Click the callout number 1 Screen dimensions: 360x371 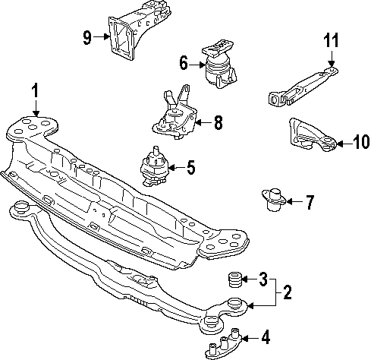coord(34,93)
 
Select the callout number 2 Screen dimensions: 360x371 coord(288,292)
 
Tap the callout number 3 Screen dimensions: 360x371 coord(262,279)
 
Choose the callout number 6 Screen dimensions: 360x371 coord(184,65)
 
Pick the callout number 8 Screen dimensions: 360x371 coord(218,122)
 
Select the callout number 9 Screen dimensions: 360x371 coord(87,36)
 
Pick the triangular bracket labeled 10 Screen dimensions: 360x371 coord(309,135)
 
